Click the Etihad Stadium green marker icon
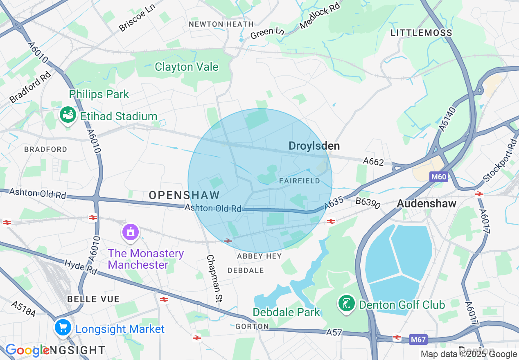(x=68, y=116)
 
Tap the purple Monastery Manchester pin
(x=131, y=232)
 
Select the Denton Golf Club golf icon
(x=347, y=304)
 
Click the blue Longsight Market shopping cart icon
(x=63, y=327)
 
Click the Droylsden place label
(x=314, y=146)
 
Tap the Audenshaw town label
(x=426, y=204)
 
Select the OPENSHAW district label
(x=184, y=195)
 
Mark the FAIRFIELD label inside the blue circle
(x=299, y=180)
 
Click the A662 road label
(x=373, y=162)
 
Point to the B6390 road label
(x=368, y=202)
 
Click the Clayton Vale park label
(x=186, y=67)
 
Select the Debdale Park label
(x=286, y=312)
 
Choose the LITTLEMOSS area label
(x=421, y=33)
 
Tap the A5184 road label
(x=24, y=309)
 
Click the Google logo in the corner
(x=27, y=350)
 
